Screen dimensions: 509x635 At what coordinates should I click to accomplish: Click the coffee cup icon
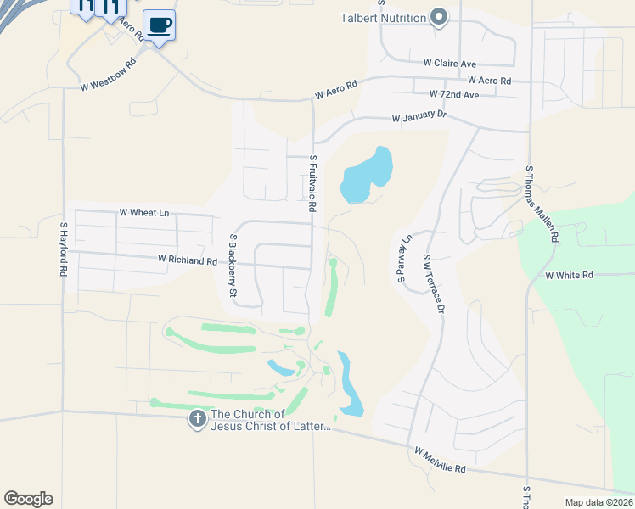pyautogui.click(x=159, y=25)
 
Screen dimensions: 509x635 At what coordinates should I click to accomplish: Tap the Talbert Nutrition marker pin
pyautogui.click(x=439, y=17)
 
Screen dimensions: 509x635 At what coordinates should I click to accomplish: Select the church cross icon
pyautogui.click(x=197, y=418)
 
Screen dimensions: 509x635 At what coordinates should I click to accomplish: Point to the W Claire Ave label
pyautogui.click(x=451, y=63)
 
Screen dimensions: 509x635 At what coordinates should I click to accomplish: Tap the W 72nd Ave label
pyautogui.click(x=454, y=94)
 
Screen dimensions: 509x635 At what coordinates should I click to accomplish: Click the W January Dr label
pyautogui.click(x=419, y=117)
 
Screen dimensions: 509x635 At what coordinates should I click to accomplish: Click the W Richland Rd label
pyautogui.click(x=187, y=261)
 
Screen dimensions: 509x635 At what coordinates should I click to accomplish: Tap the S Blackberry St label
pyautogui.click(x=232, y=265)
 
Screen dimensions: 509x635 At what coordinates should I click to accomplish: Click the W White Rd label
pyautogui.click(x=568, y=276)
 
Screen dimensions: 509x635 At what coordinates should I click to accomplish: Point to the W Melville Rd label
pyautogui.click(x=441, y=462)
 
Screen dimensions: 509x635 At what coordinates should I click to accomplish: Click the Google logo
pyautogui.click(x=28, y=499)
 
